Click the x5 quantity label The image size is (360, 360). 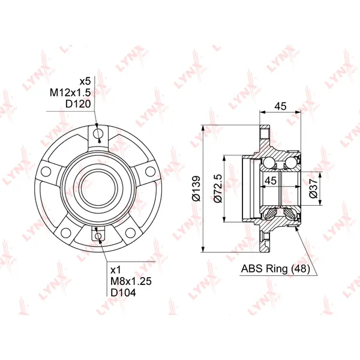coord(85,81)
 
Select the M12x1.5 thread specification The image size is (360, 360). coord(70,93)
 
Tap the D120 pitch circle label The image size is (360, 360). coord(78,104)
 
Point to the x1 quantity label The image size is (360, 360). coord(116,270)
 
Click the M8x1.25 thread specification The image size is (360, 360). coord(131,281)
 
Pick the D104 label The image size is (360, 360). coord(123,293)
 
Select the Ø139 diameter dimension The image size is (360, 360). coord(197,188)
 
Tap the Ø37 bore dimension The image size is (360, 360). coord(313,188)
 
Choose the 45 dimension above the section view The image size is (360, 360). coord(281,106)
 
